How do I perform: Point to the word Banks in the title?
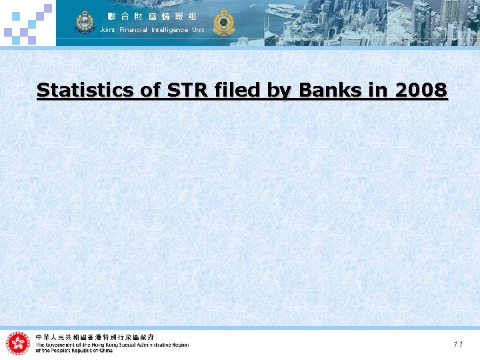(323, 90)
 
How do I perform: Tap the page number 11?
(457, 344)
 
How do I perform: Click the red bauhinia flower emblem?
(18, 343)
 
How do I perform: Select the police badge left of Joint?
(85, 22)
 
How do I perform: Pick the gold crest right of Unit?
(223, 22)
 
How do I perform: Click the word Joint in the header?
(107, 30)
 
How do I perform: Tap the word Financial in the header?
(133, 30)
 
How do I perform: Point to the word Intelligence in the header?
(170, 30)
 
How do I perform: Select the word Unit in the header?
(198, 30)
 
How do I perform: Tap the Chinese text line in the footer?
(95, 337)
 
